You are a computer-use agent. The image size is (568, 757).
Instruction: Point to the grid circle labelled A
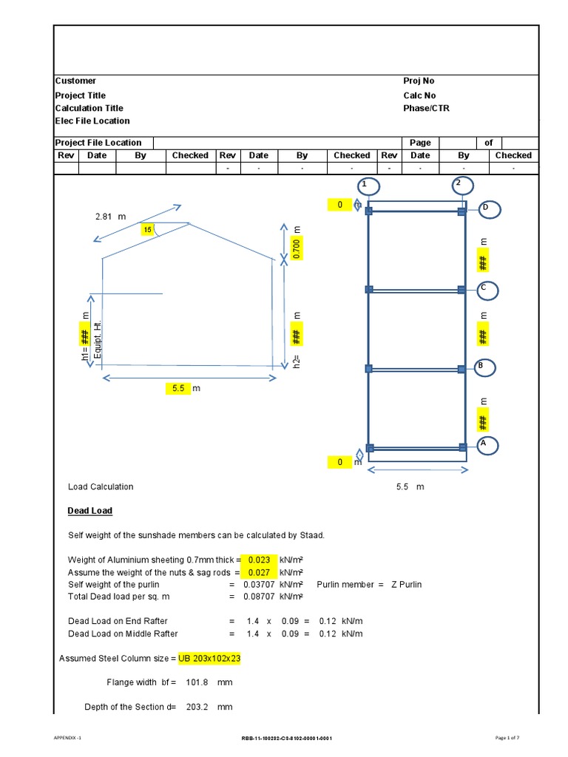click(487, 445)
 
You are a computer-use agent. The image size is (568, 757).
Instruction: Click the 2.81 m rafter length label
click(111, 217)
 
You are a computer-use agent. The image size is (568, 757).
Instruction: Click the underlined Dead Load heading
click(89, 511)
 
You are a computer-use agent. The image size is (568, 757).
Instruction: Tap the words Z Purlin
click(405, 585)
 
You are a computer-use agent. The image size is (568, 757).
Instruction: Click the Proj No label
click(419, 81)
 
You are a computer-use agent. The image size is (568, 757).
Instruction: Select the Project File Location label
click(98, 143)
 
